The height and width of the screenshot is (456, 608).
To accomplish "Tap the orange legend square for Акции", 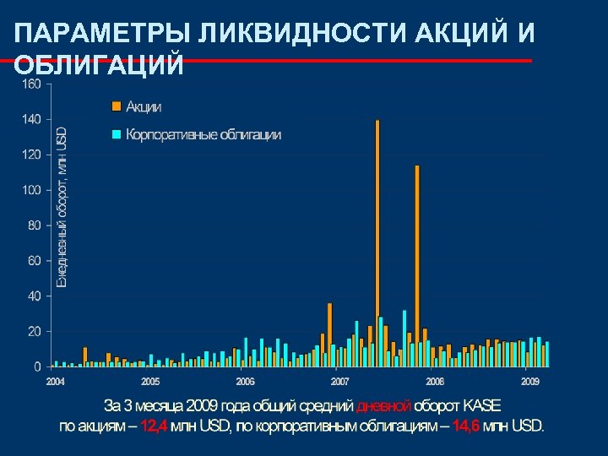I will tap(117, 106).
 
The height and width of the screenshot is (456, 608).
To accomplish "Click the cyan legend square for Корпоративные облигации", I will tap(117, 134).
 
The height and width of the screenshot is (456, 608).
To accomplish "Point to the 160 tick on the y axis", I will tap(30, 84).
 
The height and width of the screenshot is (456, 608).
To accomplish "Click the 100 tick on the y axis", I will tap(30, 190).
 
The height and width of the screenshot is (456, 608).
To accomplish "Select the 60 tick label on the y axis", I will tap(33, 261).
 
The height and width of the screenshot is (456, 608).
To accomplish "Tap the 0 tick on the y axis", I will tap(37, 367).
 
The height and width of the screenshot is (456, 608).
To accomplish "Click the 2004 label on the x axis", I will tap(55, 382).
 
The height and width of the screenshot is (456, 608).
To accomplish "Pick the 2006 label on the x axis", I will tap(245, 382).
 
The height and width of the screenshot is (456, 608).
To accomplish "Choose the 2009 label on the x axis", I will tap(530, 382).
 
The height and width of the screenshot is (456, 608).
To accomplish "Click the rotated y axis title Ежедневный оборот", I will tap(62, 207).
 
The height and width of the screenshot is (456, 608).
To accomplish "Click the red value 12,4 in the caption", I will tap(154, 425).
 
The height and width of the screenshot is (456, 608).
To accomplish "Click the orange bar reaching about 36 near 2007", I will tap(329, 334).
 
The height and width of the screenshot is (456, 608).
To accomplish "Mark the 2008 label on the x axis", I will tap(435, 382).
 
